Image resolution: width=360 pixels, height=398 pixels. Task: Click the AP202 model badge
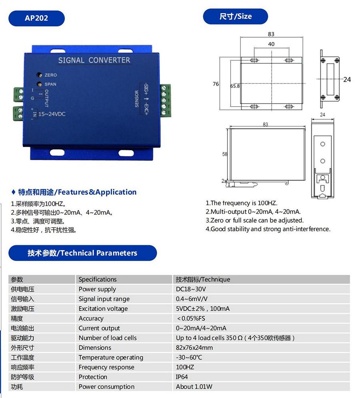pyautogui.click(x=36, y=18)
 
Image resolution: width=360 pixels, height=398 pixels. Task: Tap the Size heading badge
pyautogui.click(x=235, y=16)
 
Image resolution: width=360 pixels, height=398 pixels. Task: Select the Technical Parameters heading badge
pyautogui.click(x=82, y=253)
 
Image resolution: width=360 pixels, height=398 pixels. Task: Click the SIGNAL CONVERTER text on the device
pyautogui.click(x=94, y=60)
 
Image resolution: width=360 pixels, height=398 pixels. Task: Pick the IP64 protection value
pyautogui.click(x=182, y=377)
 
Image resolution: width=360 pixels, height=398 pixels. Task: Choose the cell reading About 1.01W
pyautogui.click(x=194, y=386)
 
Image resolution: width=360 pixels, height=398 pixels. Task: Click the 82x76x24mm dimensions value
pyautogui.click(x=194, y=348)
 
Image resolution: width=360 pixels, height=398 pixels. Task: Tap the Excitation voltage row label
pyautogui.click(x=103, y=308)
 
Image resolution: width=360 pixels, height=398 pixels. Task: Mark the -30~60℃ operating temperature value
pyautogui.click(x=189, y=357)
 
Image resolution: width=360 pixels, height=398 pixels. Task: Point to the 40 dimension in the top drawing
pyautogui.click(x=271, y=44)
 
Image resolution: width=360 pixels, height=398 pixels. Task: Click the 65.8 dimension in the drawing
pyautogui.click(x=235, y=86)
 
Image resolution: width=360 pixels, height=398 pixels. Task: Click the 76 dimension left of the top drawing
pyautogui.click(x=216, y=84)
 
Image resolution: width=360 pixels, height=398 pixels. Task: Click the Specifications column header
pyautogui.click(x=98, y=279)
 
